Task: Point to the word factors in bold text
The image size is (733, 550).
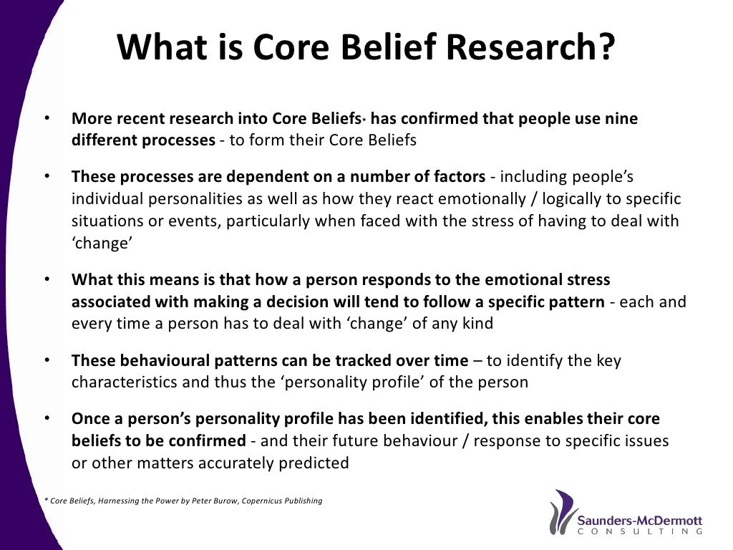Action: pos(458,177)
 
